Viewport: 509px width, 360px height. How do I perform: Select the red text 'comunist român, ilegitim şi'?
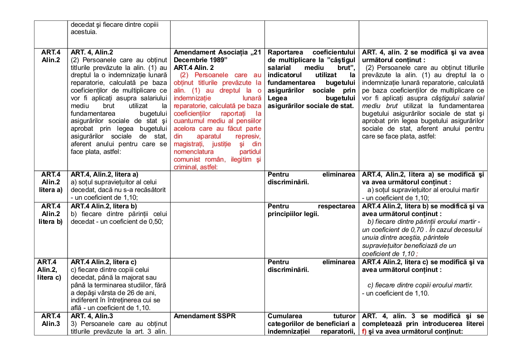pos(218,159)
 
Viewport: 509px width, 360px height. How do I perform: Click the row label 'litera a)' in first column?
pos(51,190)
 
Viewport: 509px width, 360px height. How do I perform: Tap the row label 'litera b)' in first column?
pos(51,222)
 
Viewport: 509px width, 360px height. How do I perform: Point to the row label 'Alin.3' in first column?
pos(51,324)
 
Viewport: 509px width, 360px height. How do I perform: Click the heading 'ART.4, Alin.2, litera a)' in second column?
pos(104,174)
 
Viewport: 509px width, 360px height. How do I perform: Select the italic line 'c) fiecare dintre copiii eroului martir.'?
pos(420,285)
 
